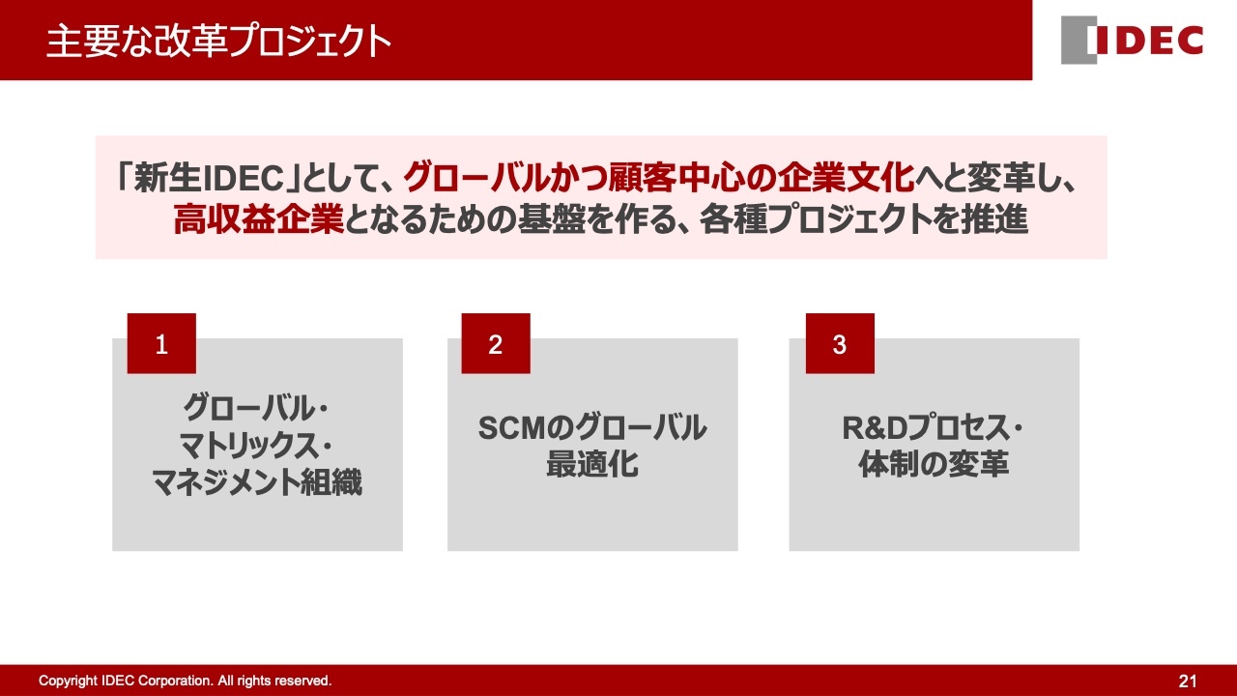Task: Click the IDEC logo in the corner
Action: (x=1132, y=40)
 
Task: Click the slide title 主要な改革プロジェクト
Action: (x=218, y=41)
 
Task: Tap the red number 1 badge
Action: (x=161, y=343)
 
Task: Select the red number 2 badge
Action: (x=496, y=343)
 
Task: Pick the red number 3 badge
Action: (x=840, y=343)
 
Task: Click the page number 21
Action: (x=1188, y=681)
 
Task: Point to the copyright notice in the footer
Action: (x=185, y=681)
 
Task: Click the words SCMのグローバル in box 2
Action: (x=592, y=428)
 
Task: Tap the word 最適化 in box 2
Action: (x=592, y=464)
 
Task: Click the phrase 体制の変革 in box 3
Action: (x=934, y=464)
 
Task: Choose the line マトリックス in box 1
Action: (x=249, y=446)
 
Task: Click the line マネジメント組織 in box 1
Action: (x=257, y=481)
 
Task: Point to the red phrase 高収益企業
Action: (x=258, y=219)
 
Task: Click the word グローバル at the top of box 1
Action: (x=248, y=408)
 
